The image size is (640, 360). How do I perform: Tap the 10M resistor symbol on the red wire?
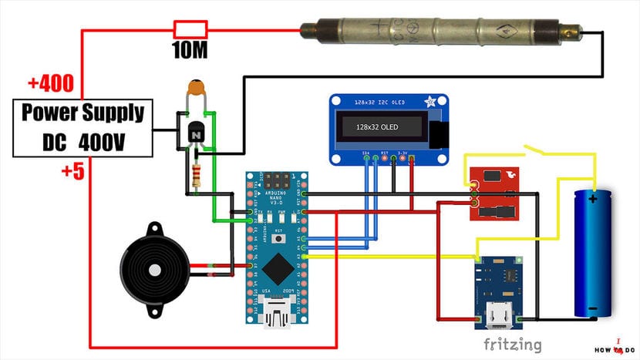pyautogui.click(x=190, y=30)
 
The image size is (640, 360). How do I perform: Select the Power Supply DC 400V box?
pyautogui.click(x=83, y=128)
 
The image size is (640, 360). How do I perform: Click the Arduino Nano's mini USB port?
pyautogui.click(x=277, y=314)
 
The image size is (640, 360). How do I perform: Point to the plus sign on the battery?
pyautogui.click(x=593, y=200)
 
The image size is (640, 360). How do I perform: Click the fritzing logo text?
pyautogui.click(x=512, y=345)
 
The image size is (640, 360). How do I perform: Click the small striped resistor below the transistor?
pyautogui.click(x=200, y=176)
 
